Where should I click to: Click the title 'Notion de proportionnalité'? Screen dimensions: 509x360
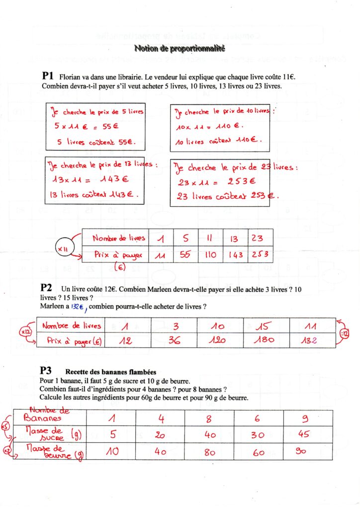[180, 48]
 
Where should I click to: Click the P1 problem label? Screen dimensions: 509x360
[48, 76]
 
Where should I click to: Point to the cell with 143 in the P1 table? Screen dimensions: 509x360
[236, 254]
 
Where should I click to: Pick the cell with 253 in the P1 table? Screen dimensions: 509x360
[260, 254]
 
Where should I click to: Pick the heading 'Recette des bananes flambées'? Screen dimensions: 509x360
[110, 372]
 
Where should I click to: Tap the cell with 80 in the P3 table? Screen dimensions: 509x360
[209, 452]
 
